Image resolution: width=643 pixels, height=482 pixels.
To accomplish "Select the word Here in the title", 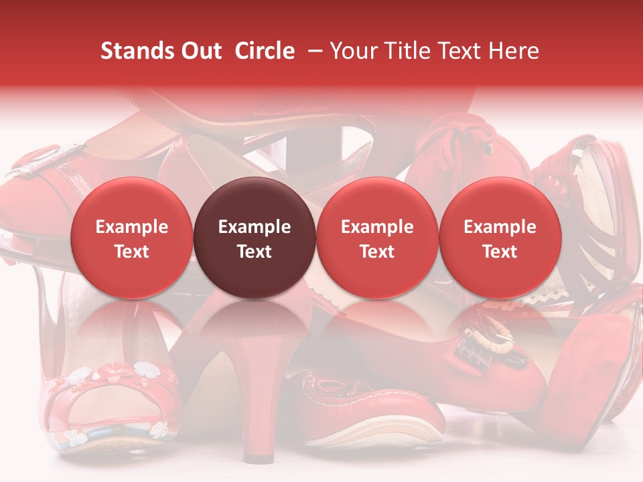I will coord(514,51).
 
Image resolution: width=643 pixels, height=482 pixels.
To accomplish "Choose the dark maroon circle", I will coord(255,238).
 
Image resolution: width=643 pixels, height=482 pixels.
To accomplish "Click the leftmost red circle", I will coord(131,238).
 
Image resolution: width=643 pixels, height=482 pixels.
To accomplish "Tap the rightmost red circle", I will coord(500,238).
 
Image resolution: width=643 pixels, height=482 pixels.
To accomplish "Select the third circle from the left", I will coord(377,238).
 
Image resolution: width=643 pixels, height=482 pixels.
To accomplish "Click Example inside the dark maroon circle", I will coord(255,227).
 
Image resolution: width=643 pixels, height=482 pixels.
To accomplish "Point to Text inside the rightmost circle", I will coord(500,252).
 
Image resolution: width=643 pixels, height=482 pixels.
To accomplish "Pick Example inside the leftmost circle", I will coord(131,227).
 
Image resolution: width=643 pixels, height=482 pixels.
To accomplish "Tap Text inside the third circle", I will coord(377,252).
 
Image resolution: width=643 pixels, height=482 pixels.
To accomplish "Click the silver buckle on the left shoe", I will coord(40,166).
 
